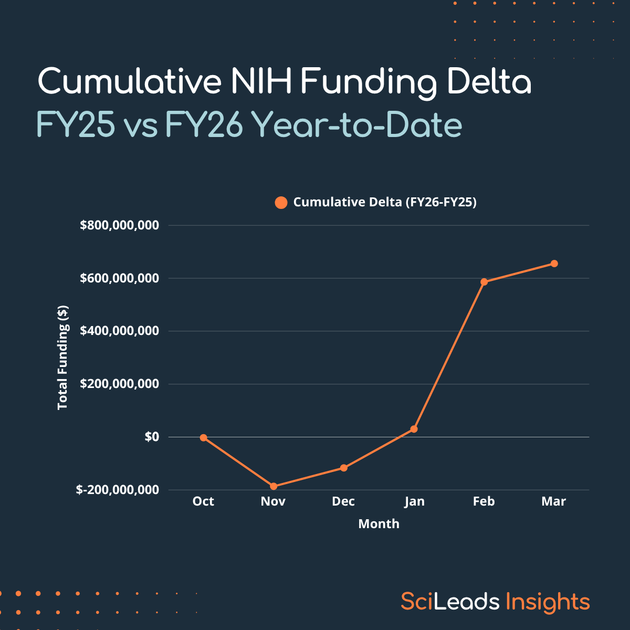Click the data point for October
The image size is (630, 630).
coord(204,437)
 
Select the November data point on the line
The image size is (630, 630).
coord(274,486)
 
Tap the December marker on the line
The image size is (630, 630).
coord(344,468)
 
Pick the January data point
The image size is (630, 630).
coord(414,429)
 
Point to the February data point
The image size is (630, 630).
coord(484,282)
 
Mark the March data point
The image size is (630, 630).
coord(554,264)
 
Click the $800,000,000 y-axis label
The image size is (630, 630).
coord(119,225)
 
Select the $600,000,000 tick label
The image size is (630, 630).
coord(119,278)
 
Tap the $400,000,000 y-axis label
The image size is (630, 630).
coord(119,331)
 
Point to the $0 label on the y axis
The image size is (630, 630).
coord(152,437)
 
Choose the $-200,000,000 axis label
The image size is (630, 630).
coord(117,490)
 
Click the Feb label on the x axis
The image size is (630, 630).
coord(484,501)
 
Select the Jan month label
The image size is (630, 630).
coord(414,501)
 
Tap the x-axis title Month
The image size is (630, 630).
coord(379,524)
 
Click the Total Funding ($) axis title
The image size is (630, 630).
coord(63,357)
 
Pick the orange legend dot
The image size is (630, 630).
coord(281,203)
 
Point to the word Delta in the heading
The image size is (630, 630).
coord(489,82)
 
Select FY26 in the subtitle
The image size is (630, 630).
coord(204,125)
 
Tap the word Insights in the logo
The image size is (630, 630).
coord(548,602)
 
